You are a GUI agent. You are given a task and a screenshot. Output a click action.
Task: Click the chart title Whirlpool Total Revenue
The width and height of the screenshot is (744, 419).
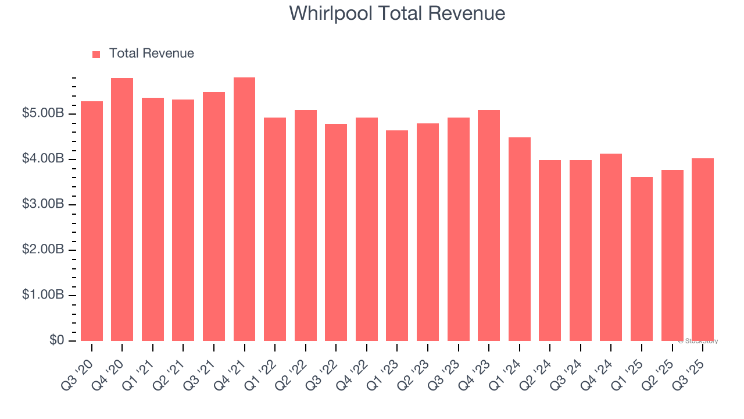pos(397,13)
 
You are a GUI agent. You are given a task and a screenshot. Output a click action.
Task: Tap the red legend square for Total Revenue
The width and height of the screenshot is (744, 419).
pos(96,54)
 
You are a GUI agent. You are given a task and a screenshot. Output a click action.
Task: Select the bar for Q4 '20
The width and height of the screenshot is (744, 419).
pos(122,210)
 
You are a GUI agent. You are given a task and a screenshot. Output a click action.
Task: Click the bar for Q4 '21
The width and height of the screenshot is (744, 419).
pos(244,210)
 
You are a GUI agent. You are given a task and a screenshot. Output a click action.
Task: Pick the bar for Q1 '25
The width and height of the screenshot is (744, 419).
pos(642,259)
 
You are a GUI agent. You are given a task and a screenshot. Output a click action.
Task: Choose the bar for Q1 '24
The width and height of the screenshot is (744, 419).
pos(520,239)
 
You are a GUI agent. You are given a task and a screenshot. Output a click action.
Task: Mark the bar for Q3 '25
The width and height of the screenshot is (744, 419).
pos(703,250)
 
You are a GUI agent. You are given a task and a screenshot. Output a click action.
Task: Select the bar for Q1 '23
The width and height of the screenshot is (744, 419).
pos(397,236)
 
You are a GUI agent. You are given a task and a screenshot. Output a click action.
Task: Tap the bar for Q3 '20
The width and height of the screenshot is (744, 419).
pos(92,221)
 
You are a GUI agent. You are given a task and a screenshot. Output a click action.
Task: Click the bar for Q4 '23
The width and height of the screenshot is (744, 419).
pos(489,226)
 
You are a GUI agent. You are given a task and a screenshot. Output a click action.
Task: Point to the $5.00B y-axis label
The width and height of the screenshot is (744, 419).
pos(43,113)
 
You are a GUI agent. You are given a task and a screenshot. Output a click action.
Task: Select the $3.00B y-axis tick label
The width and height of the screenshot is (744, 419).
pos(43,204)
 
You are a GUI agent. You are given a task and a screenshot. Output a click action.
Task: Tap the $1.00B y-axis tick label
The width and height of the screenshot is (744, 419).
pos(43,295)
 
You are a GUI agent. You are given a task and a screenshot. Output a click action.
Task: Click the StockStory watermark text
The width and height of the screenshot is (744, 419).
pos(698,341)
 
